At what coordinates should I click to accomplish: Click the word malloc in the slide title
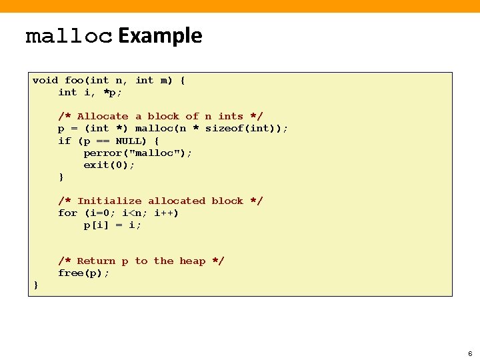tap(69, 37)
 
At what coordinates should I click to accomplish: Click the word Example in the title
tap(160, 35)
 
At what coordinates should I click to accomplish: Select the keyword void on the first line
tap(45, 81)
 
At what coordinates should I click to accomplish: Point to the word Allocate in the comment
tap(103, 117)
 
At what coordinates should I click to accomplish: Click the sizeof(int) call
tap(244, 129)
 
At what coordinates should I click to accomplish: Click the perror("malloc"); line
tap(137, 153)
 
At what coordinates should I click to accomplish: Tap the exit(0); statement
tap(109, 165)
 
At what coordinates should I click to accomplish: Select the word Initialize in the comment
tap(109, 201)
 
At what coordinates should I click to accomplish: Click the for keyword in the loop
tap(67, 213)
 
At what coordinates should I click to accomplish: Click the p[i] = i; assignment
tap(112, 225)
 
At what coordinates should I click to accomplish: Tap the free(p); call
tap(83, 273)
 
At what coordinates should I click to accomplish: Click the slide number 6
tap(470, 353)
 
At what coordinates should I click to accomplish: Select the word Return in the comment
tap(96, 261)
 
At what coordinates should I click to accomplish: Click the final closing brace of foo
tap(36, 286)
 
